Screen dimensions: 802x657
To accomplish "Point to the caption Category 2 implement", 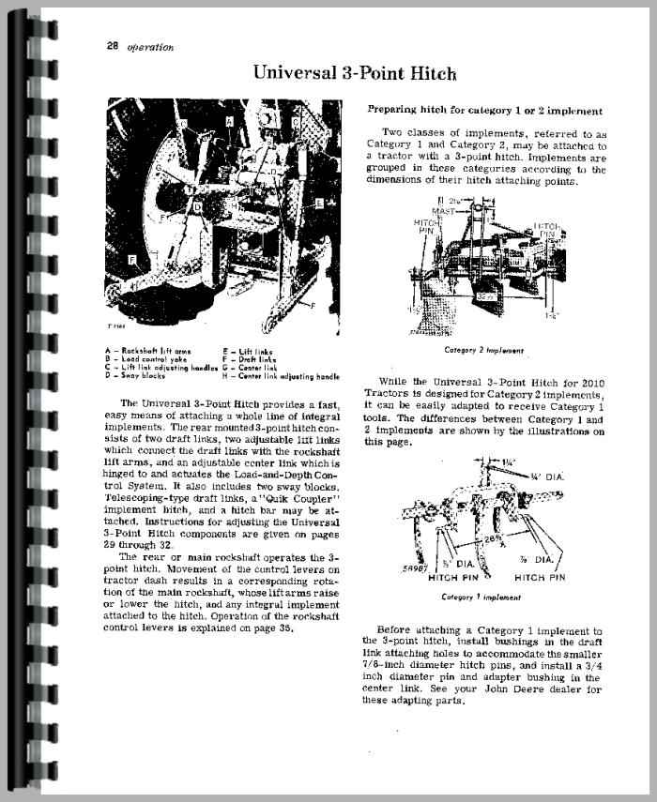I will [484, 351].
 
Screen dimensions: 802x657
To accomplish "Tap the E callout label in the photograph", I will [320, 203].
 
